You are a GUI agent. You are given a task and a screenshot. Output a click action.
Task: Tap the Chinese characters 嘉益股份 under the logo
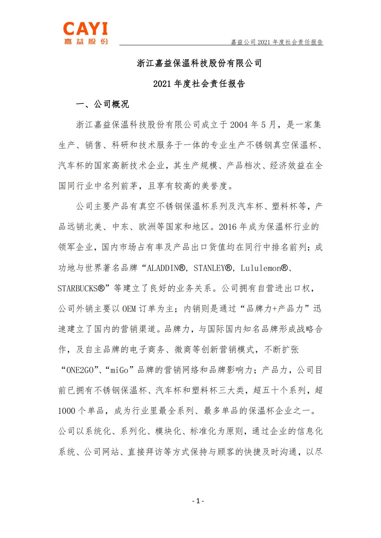[86, 41]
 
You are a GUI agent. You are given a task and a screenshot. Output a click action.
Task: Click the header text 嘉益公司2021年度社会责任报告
[277, 42]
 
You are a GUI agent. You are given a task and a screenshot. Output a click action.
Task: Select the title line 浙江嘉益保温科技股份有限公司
[199, 63]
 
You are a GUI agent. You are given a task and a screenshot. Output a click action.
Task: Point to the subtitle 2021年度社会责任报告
[199, 84]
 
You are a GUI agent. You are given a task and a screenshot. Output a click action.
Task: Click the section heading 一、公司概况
[103, 104]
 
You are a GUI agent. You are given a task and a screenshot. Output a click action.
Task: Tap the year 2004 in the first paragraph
[239, 125]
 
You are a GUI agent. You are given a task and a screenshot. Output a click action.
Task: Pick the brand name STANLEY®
[213, 268]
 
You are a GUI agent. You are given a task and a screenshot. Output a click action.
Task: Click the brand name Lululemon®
[264, 268]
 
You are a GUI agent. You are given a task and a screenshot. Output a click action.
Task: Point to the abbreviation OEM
[129, 309]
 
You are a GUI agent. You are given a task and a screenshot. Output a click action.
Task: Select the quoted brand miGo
[119, 370]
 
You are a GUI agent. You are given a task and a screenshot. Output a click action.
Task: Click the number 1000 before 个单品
[67, 411]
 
